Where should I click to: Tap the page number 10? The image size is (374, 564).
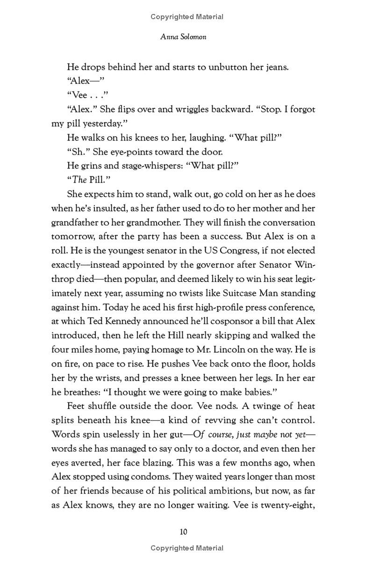[x=184, y=532]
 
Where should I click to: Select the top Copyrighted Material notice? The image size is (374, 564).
[x=187, y=17]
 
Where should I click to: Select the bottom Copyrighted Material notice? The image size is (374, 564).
[x=187, y=548]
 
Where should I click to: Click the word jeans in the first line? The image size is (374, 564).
[x=275, y=67]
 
